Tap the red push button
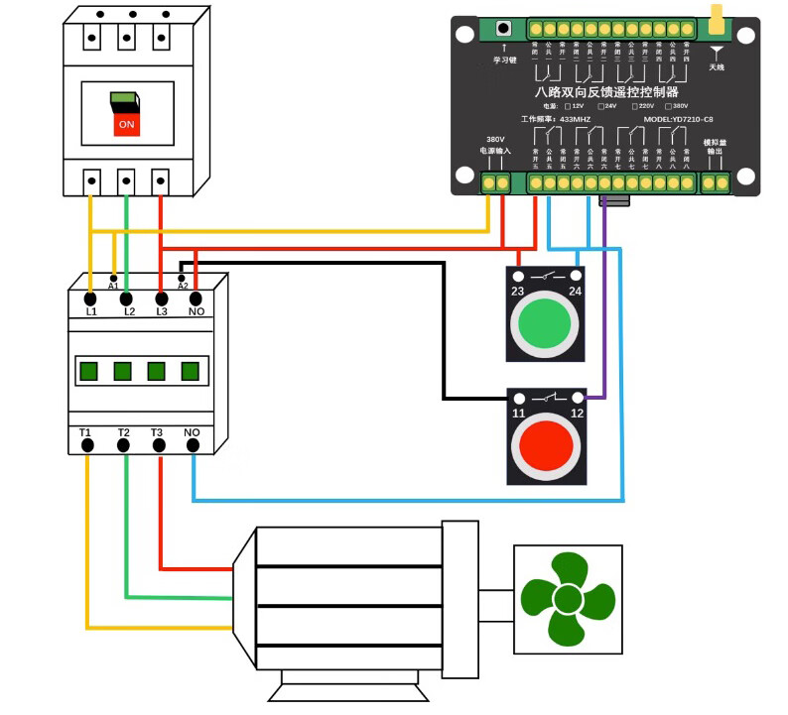[x=542, y=448]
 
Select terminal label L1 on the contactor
[x=91, y=311]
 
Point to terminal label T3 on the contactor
[x=157, y=432]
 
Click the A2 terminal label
[x=183, y=286]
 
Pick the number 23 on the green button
[x=518, y=291]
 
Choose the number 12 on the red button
[x=575, y=412]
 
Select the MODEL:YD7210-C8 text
[x=679, y=119]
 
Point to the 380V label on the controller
[x=495, y=139]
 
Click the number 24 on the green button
[x=575, y=291]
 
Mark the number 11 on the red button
[x=518, y=412]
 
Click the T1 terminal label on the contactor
[x=85, y=432]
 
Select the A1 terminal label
[x=113, y=286]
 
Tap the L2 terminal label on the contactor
[x=128, y=311]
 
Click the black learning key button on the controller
[x=504, y=28]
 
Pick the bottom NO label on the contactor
[x=192, y=432]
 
